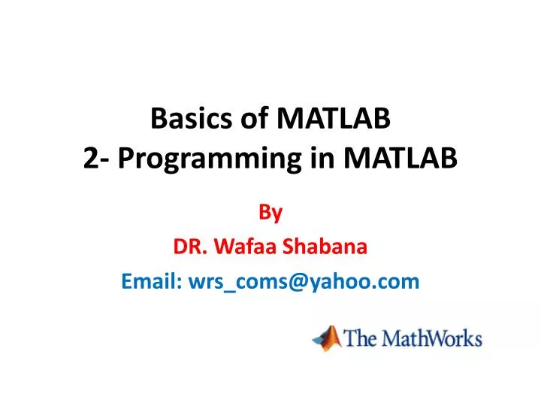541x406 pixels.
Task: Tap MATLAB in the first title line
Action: click(x=334, y=119)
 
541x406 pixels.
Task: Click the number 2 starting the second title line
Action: click(x=90, y=159)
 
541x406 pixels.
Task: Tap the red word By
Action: click(x=270, y=213)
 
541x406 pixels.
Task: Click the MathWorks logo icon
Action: click(x=326, y=338)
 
